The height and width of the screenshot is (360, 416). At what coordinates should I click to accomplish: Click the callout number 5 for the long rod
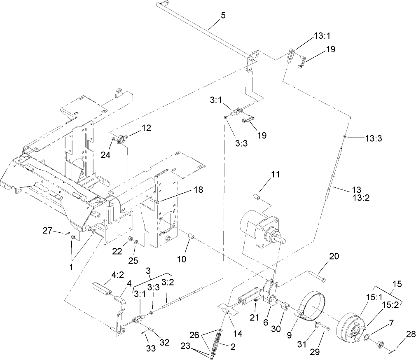(223, 15)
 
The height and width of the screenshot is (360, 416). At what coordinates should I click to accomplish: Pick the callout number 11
(276, 174)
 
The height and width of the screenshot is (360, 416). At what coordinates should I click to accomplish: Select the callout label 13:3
(374, 139)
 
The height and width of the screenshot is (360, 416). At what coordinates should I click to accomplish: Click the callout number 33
(151, 348)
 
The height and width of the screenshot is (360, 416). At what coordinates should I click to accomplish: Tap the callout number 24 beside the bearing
(105, 155)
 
